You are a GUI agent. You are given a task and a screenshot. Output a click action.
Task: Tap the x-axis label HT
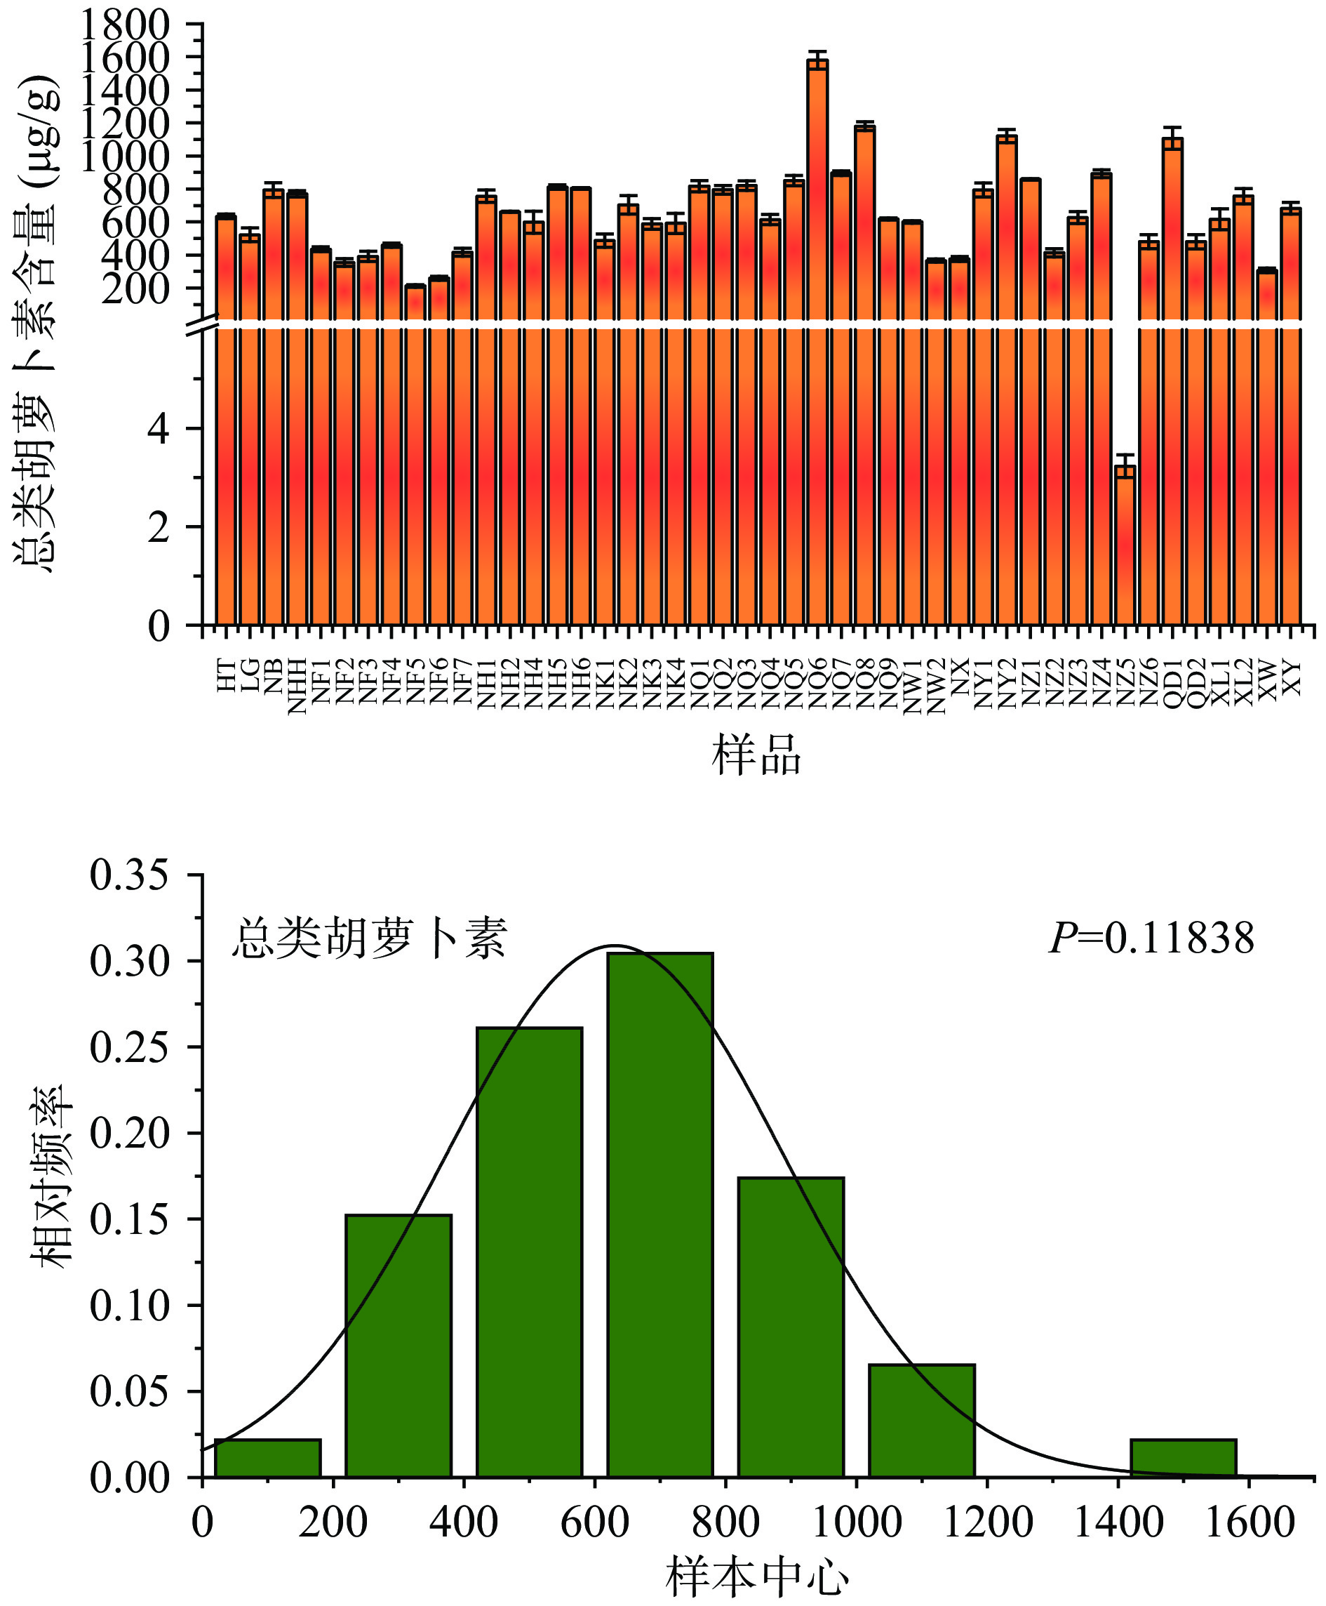(x=226, y=677)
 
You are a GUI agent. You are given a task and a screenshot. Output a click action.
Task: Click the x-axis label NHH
(x=297, y=686)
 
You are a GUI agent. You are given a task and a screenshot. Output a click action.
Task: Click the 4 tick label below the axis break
(x=158, y=430)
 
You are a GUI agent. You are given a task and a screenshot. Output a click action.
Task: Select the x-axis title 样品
(x=756, y=755)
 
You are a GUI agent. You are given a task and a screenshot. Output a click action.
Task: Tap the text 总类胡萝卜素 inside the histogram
(x=370, y=938)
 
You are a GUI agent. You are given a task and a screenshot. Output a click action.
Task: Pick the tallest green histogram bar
(x=660, y=1215)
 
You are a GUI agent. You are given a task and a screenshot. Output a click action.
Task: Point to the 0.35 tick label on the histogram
(x=128, y=875)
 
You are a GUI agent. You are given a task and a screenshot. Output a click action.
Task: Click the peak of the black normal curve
(x=613, y=946)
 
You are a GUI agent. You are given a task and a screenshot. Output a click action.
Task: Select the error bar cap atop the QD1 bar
(x=1172, y=128)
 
